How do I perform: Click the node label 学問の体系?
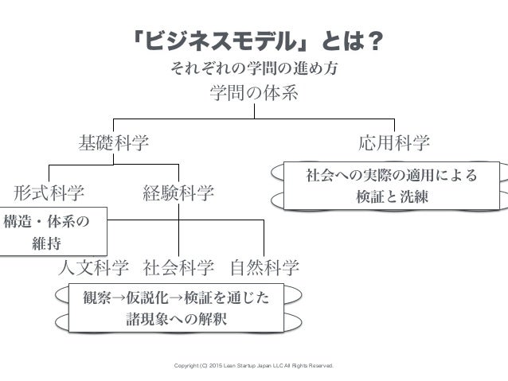[253, 95]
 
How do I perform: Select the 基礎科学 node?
[113, 143]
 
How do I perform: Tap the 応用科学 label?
[394, 143]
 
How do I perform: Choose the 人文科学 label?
[95, 266]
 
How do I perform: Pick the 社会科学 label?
[179, 266]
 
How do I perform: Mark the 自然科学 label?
[264, 266]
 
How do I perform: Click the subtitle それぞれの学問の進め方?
[254, 68]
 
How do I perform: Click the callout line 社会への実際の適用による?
[392, 175]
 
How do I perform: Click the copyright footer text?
[254, 367]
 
